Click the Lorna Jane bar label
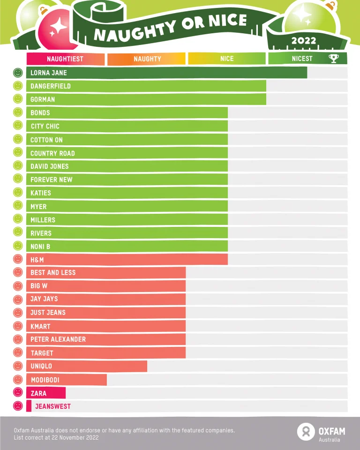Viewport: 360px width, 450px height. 49,73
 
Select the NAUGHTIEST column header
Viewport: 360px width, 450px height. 65,59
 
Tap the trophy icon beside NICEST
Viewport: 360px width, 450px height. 333,59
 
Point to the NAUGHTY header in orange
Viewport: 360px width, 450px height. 147,59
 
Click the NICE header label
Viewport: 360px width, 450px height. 227,59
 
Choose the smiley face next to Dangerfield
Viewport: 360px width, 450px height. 18,86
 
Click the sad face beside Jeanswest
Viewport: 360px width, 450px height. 18,406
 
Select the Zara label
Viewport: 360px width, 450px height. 38,393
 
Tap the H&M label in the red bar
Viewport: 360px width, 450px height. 37,259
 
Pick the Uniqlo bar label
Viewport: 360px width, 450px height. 41,366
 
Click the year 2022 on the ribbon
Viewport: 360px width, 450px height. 304,41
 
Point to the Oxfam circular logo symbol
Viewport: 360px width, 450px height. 306,432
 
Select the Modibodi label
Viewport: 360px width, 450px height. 45,380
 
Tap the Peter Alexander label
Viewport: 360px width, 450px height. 58,339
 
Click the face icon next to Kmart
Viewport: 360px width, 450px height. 18,326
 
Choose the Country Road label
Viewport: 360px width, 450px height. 52,153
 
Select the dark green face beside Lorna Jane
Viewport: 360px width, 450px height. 18,73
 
